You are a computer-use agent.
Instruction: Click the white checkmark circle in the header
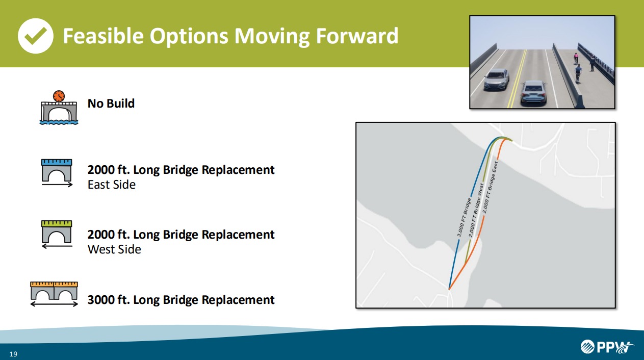tap(36, 36)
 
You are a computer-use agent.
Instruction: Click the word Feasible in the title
tap(103, 36)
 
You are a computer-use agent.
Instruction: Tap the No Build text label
tap(111, 104)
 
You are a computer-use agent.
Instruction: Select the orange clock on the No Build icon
tap(59, 96)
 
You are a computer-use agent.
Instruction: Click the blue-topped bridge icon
tap(57, 173)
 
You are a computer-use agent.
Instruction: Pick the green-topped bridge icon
tap(57, 235)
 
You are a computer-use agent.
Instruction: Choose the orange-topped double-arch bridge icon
tap(54, 294)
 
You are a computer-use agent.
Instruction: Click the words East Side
tap(112, 185)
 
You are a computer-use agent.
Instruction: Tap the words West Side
tap(114, 249)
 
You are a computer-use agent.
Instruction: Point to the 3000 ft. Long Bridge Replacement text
tap(181, 300)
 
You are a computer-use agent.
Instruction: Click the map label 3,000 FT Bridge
tap(464, 217)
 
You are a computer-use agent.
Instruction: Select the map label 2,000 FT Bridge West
tap(476, 210)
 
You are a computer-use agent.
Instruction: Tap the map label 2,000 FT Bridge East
tap(490, 188)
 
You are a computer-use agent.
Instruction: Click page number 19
tap(13, 354)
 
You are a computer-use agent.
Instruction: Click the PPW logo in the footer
tap(607, 347)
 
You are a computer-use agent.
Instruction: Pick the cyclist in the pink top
tap(576, 58)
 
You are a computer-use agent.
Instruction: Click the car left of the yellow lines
tap(497, 80)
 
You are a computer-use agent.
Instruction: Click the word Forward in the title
tap(357, 36)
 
